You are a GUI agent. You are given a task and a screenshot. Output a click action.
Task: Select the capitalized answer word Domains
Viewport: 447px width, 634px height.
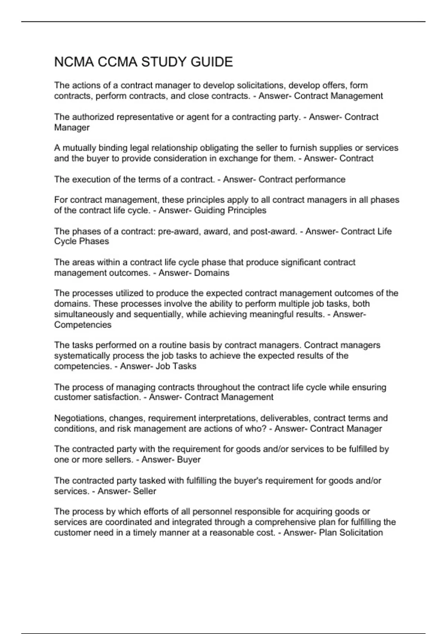coord(212,273)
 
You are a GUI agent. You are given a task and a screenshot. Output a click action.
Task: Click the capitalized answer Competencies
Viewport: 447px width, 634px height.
coord(83,325)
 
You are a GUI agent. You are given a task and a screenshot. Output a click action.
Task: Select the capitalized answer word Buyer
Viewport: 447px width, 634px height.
coord(189,459)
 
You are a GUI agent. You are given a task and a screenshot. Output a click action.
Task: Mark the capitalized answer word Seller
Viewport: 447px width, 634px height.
coord(145,491)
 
